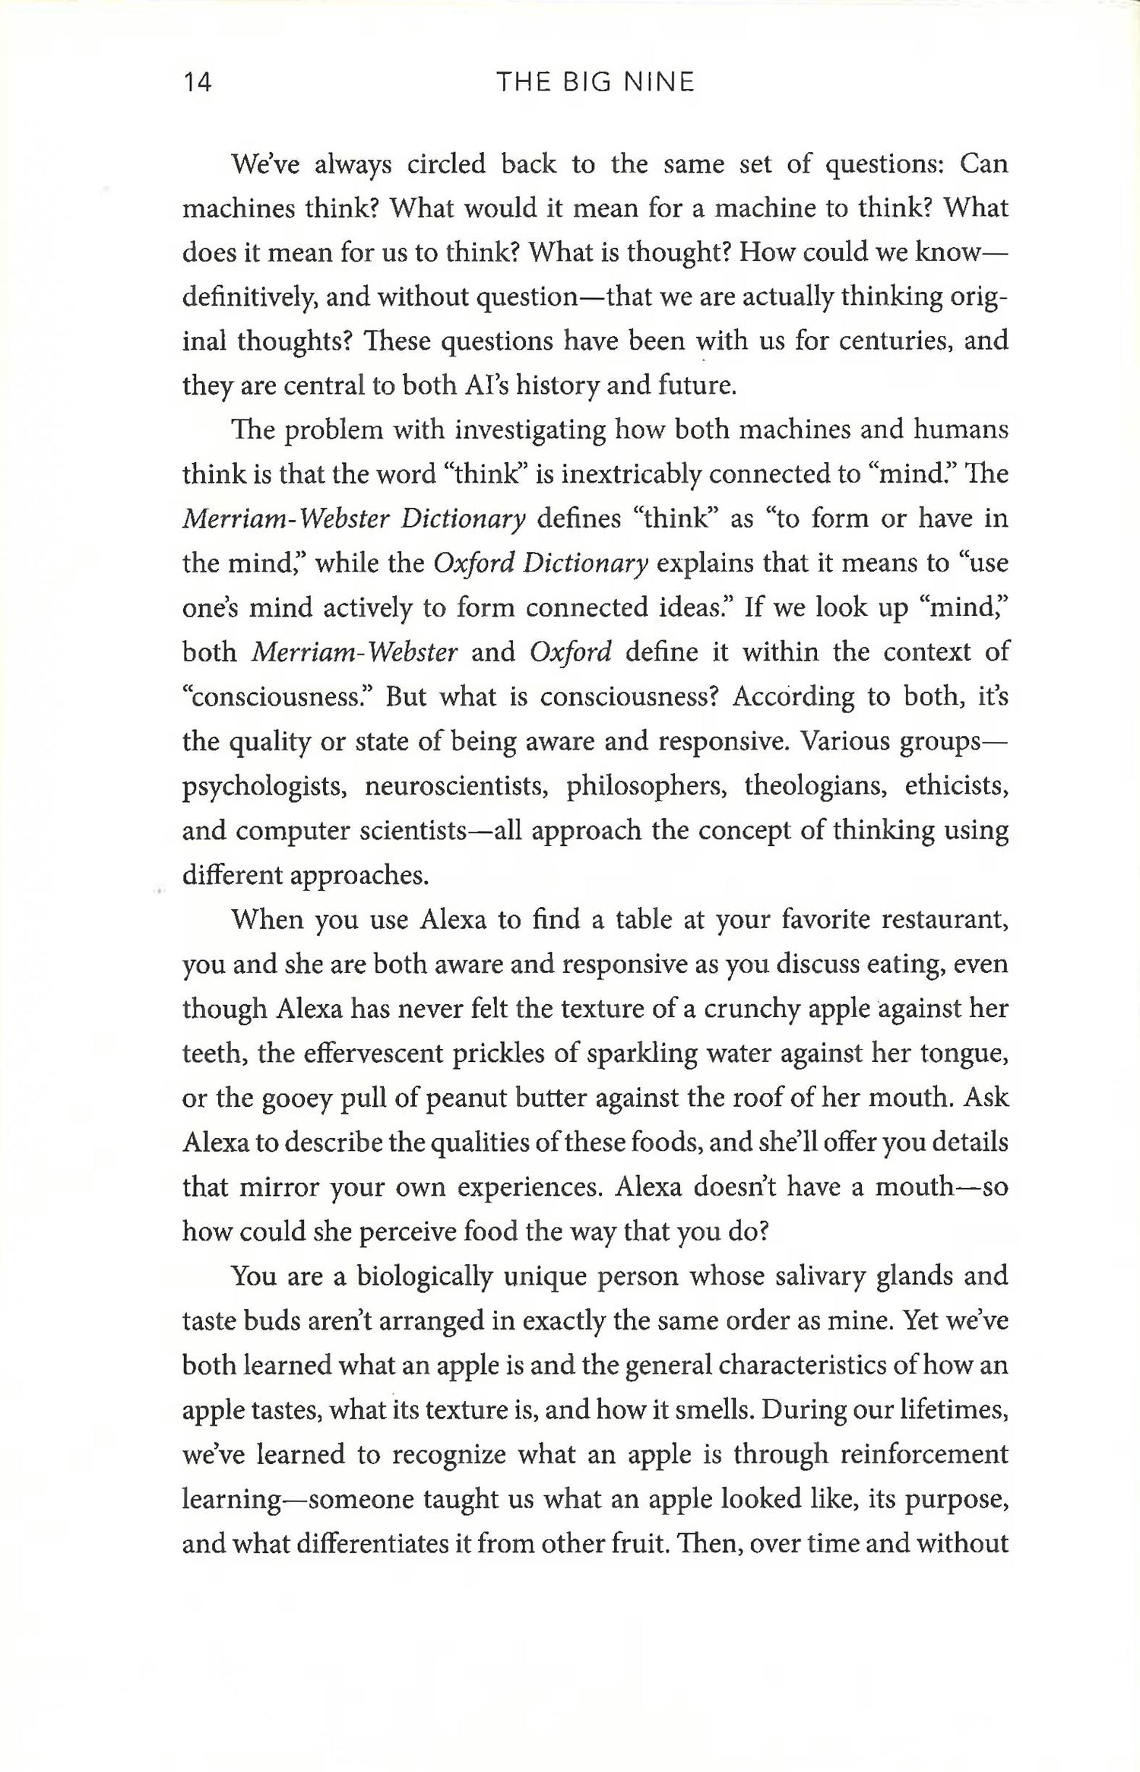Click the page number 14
point(198,82)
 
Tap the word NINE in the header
point(658,82)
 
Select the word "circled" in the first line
point(445,164)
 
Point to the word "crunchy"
point(752,1010)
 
